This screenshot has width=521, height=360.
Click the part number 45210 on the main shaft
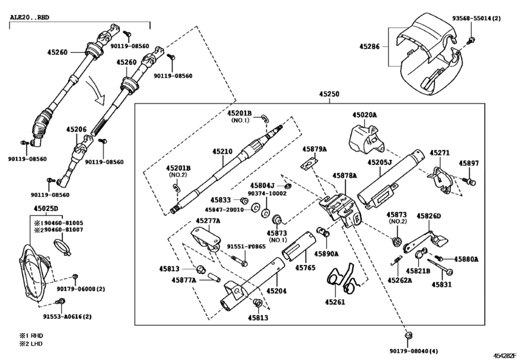pyautogui.click(x=222, y=152)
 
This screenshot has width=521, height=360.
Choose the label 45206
pyautogui.click(x=76, y=129)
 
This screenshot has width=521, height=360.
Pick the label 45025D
pyautogui.click(x=46, y=209)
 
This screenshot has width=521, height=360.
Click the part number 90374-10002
pyautogui.click(x=268, y=193)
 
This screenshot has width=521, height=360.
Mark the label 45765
pyautogui.click(x=305, y=266)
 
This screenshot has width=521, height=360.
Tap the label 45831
pyautogui.click(x=441, y=283)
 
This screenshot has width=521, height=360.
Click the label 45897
pyautogui.click(x=469, y=163)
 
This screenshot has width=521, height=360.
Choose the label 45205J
pyautogui.click(x=380, y=163)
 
